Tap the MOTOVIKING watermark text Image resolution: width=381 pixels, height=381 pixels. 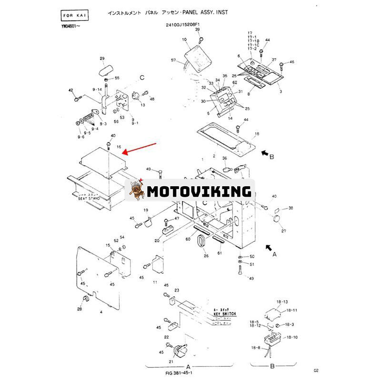point(199,191)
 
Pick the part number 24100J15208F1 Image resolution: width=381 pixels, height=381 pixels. point(188,23)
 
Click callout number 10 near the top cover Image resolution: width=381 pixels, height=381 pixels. point(184,40)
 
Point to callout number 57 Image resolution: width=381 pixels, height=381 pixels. point(173,60)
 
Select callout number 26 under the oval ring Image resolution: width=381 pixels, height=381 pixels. point(206,256)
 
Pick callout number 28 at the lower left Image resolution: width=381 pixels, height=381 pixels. point(79,309)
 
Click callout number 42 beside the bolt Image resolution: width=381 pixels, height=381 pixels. point(70,90)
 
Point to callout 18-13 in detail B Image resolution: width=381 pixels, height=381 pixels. point(282,301)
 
